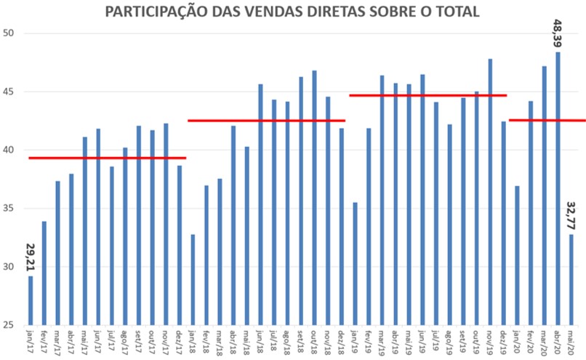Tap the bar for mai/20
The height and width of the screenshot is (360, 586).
coord(571,279)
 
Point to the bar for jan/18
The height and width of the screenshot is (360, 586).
coord(193,279)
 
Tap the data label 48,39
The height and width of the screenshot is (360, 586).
coord(558,33)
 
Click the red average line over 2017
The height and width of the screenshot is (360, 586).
coord(107,158)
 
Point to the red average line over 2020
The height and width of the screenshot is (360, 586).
coord(547,120)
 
